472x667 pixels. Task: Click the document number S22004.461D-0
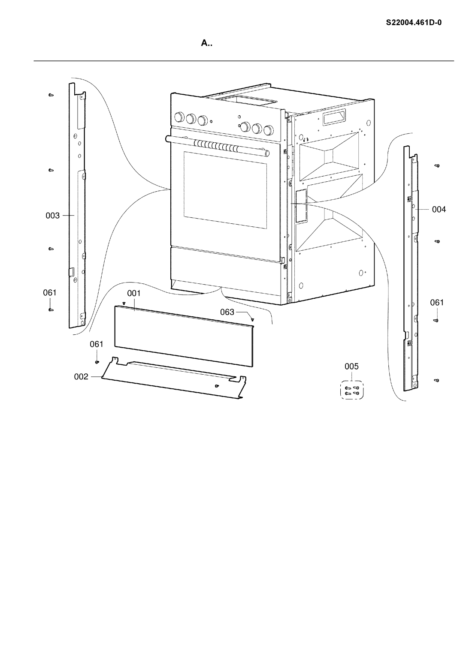click(x=414, y=23)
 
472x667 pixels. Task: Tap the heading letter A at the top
click(x=204, y=43)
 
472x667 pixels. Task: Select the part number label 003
click(x=52, y=216)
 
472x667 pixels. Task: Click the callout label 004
click(x=439, y=210)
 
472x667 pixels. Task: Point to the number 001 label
click(x=134, y=294)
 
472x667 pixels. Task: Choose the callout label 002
click(x=81, y=377)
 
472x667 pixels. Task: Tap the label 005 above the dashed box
click(x=351, y=367)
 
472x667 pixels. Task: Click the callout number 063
click(x=227, y=312)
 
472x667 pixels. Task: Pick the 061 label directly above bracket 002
click(x=97, y=344)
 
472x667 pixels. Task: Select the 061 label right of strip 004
click(x=437, y=303)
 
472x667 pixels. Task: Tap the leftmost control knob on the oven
click(x=179, y=117)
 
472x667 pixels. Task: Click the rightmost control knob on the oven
click(x=269, y=130)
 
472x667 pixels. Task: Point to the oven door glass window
click(x=225, y=190)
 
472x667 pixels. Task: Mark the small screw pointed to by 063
click(x=253, y=320)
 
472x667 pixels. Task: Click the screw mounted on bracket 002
click(x=217, y=386)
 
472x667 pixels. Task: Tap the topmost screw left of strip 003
click(x=51, y=95)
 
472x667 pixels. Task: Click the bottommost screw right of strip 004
click(x=437, y=380)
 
